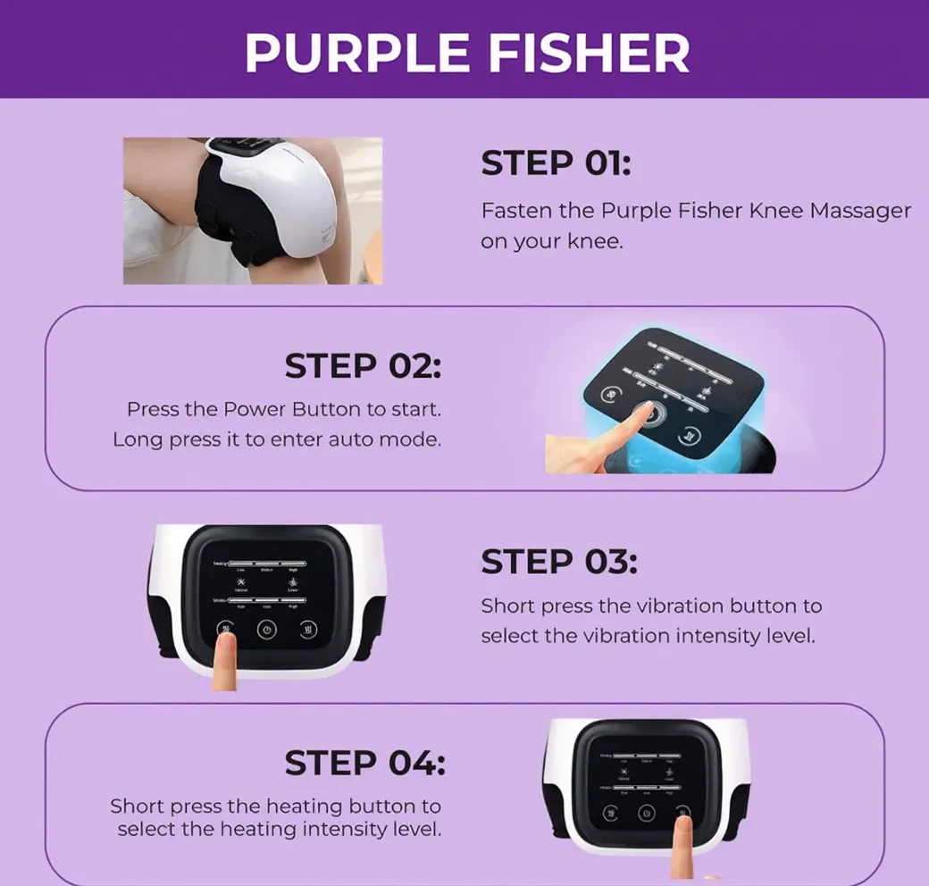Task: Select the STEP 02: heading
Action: pos(363,366)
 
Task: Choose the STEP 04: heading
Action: pos(364,764)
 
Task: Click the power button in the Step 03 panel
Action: pos(265,630)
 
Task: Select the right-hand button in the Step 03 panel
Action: pos(307,629)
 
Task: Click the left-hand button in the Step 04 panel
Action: pos(610,814)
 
